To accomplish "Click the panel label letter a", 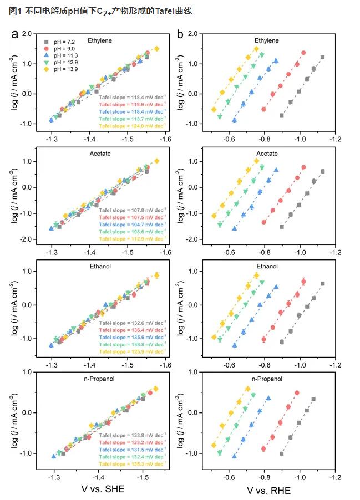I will point(16,35).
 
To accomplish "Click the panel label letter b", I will point(180,35).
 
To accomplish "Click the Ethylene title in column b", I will point(267,40).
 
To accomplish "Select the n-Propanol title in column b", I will point(267,380).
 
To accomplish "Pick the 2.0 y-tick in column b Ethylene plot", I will point(193,34).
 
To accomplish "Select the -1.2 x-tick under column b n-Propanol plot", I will point(334,476).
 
